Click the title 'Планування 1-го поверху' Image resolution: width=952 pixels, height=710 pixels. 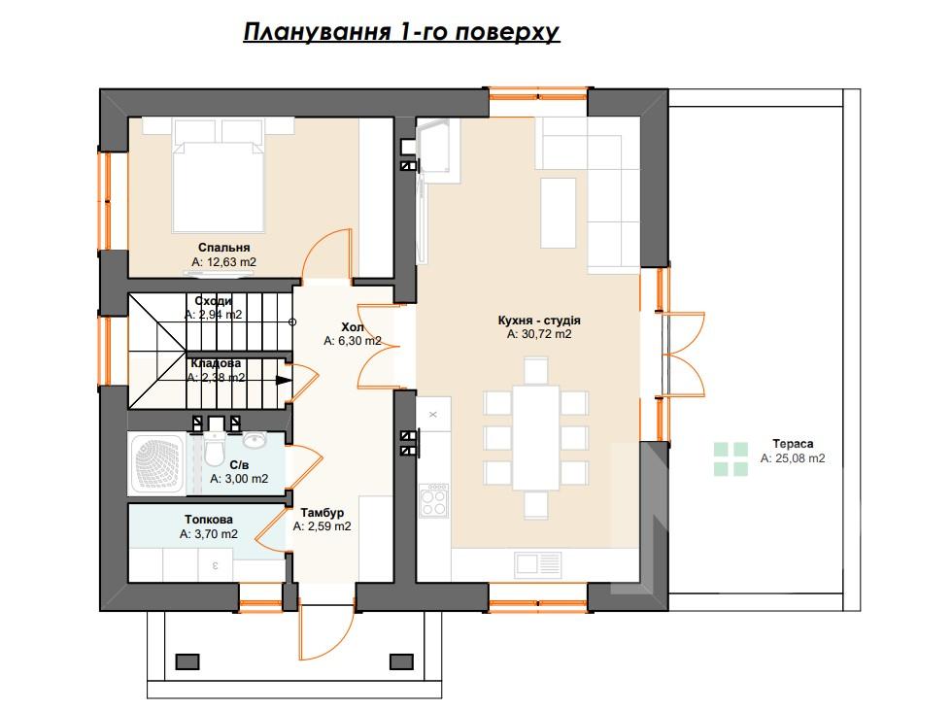[400, 32]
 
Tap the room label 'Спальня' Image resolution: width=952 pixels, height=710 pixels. [224, 248]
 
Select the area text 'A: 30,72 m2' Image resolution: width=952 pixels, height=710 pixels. [539, 334]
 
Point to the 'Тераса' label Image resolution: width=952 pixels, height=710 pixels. [793, 444]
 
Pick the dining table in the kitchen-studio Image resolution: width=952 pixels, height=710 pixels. [535, 437]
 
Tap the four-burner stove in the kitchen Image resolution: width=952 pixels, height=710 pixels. [434, 500]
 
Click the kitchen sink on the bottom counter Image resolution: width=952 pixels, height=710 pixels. [538, 564]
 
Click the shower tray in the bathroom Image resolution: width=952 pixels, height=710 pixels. [157, 463]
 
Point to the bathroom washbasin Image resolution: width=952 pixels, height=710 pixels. [255, 439]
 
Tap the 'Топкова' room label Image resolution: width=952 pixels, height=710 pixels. [209, 520]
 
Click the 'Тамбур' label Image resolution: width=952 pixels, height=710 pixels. [322, 513]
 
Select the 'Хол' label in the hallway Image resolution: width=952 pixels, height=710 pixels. [352, 327]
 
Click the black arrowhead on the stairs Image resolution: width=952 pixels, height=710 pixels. [284, 381]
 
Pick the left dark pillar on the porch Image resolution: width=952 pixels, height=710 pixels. [187, 661]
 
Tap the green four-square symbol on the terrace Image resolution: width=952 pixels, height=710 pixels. [731, 458]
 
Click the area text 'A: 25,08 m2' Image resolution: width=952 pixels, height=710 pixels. [793, 458]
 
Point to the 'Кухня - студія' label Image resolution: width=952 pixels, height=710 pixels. [539, 320]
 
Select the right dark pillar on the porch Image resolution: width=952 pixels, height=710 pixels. [401, 661]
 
